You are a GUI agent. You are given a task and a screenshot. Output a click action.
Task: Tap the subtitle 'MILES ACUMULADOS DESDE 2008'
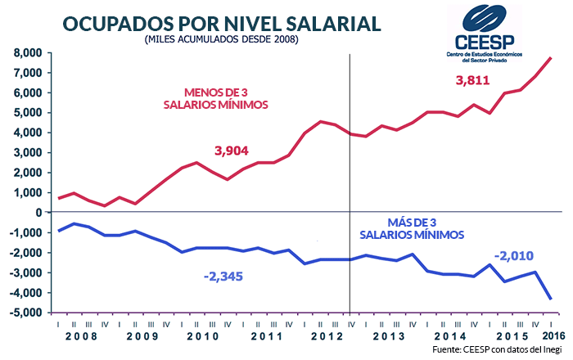(x=220, y=39)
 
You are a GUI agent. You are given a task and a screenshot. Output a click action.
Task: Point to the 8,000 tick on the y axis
(x=26, y=52)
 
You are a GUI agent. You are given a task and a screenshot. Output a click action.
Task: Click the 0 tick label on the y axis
(x=38, y=212)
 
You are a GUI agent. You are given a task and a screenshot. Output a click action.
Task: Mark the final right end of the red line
(x=551, y=57)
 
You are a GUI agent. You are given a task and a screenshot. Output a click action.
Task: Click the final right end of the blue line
(x=551, y=298)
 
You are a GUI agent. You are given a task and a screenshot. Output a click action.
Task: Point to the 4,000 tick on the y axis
(x=26, y=133)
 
